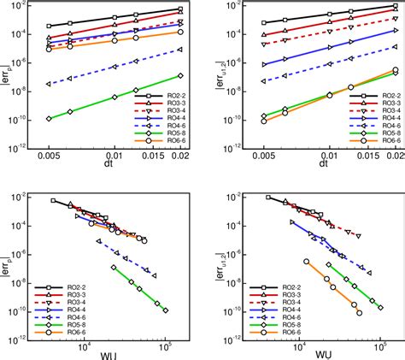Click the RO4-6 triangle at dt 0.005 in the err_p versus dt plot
click(x=49, y=84)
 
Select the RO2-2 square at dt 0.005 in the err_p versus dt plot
click(x=49, y=26)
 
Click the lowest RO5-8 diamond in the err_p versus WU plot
click(x=165, y=310)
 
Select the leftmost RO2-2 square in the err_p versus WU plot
click(x=53, y=201)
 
